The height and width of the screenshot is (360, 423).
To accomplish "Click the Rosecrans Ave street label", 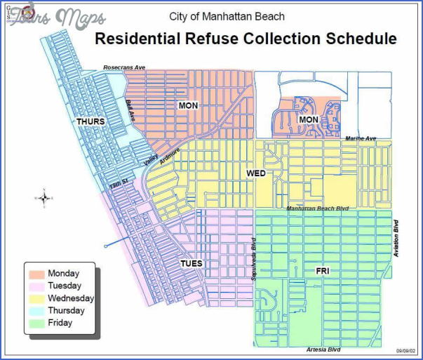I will pos(124,67).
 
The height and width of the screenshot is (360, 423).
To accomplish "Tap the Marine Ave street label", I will pos(360,139).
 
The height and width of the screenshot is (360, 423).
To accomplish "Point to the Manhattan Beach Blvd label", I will pos(318,209).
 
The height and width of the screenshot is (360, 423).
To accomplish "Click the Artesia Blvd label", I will pos(323,349).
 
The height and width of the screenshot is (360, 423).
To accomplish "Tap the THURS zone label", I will pos(90,121).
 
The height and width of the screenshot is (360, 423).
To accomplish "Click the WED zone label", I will pos(256,173).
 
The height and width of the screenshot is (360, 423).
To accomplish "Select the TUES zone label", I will pos(192,264).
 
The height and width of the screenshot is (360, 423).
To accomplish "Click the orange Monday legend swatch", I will pos(36,273).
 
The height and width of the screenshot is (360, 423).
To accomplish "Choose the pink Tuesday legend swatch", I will pos(36,286).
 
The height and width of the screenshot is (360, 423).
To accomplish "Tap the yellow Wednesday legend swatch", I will pos(36,298).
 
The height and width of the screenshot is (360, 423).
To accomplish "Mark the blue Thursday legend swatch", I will pos(36,310).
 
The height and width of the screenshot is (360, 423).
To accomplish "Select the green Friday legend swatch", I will pos(36,323).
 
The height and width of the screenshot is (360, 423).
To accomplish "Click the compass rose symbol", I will pos(44,199).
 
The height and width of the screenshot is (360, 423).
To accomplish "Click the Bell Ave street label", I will pos(130,111).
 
